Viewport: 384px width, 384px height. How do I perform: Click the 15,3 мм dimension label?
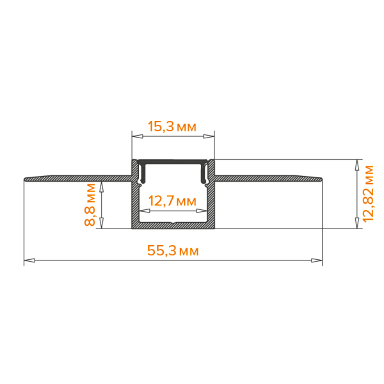point(172,127)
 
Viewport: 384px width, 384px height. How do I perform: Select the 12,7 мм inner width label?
point(172,202)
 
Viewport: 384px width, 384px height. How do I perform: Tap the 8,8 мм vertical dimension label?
point(90,205)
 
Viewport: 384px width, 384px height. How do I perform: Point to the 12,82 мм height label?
point(369,194)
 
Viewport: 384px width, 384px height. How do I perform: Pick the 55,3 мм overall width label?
point(173,251)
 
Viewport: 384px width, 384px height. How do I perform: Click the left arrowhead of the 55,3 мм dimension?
point(29,260)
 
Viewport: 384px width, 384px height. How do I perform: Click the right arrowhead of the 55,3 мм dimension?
point(317,260)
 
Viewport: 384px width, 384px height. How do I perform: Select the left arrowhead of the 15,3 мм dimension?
point(138,136)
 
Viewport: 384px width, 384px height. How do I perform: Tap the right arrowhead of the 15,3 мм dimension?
point(209,136)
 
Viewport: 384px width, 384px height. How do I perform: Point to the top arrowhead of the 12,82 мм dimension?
point(357,165)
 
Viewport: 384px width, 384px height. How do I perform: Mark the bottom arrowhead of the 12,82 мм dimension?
point(357,223)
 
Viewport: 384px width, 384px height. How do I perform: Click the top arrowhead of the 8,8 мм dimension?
point(101,188)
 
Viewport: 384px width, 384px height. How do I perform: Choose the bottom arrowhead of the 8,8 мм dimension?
point(101,223)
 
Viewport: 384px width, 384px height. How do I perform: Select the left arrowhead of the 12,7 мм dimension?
point(145,211)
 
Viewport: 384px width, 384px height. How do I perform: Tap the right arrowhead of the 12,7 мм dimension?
point(202,211)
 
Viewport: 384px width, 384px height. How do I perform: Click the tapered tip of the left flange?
point(25,179)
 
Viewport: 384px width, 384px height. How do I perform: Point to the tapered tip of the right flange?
point(321,179)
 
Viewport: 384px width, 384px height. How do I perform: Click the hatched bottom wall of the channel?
point(173,225)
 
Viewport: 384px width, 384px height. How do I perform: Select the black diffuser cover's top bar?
point(173,162)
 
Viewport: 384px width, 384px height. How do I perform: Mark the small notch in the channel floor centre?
point(173,223)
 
